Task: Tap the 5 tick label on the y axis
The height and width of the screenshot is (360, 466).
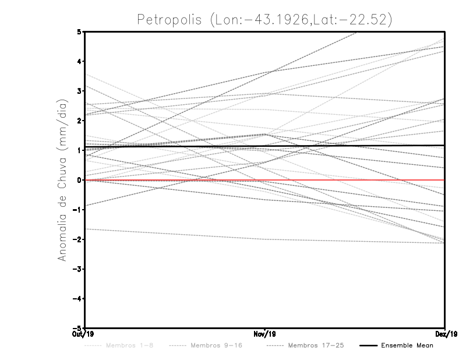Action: pos(79,31)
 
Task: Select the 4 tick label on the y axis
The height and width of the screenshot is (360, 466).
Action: pos(79,61)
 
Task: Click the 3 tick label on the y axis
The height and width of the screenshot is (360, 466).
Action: pos(79,91)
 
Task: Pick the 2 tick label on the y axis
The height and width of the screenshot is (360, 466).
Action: pos(79,121)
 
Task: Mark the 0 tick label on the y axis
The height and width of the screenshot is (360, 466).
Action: pos(79,180)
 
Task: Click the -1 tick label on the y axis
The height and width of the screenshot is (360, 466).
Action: pos(77,210)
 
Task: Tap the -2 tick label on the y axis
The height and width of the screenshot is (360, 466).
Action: pos(77,239)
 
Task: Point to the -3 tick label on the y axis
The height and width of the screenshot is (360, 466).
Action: pos(77,269)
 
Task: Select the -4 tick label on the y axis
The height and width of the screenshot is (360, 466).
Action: pos(77,299)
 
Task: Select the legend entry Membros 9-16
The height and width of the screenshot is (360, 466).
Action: pos(216,346)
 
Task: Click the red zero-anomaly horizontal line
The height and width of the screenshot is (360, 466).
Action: pos(349,180)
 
